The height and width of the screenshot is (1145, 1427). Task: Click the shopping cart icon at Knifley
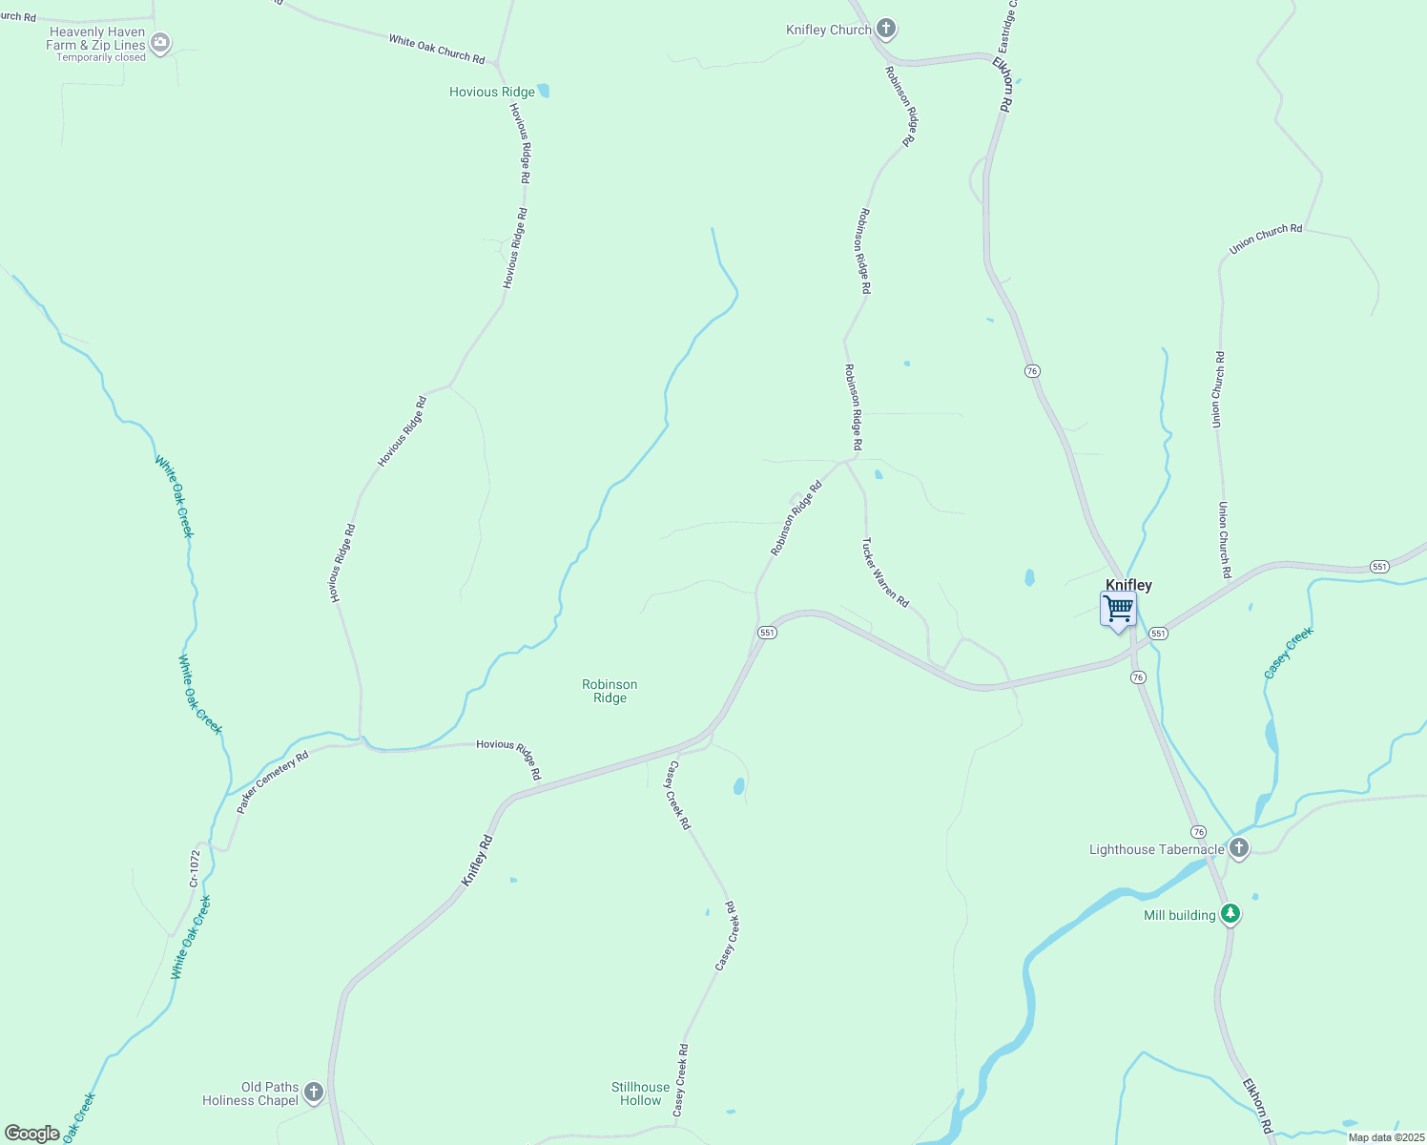(x=1118, y=608)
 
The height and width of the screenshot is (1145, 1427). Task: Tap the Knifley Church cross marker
(x=886, y=29)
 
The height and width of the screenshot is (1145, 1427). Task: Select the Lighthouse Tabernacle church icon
(x=1238, y=847)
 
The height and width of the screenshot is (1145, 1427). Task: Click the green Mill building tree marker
(x=1231, y=914)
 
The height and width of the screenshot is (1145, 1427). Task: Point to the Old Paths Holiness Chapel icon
(x=314, y=1092)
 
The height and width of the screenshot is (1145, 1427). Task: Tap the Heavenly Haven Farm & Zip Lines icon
(x=160, y=42)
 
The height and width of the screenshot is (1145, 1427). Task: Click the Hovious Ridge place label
(x=492, y=92)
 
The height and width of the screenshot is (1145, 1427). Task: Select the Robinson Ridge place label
(x=610, y=691)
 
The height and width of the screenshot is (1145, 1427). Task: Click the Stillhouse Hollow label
(x=640, y=1093)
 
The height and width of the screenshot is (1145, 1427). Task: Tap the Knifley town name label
(x=1128, y=585)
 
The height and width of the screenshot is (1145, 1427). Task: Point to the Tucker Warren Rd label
(x=885, y=572)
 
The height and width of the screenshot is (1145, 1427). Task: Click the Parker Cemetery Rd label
(x=273, y=782)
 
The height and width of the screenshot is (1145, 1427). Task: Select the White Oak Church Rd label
(x=437, y=50)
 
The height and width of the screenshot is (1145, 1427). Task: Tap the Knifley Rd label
(x=477, y=861)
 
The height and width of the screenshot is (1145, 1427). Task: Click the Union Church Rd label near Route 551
(x=1224, y=539)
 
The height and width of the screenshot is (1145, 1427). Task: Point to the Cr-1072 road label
(x=195, y=868)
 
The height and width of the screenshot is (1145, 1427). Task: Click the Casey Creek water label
(x=1289, y=653)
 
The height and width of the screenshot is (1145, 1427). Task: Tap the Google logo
(x=32, y=1134)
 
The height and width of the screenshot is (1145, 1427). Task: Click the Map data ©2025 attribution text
(x=1386, y=1137)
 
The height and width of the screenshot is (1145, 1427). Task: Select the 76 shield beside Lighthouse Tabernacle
(x=1198, y=832)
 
